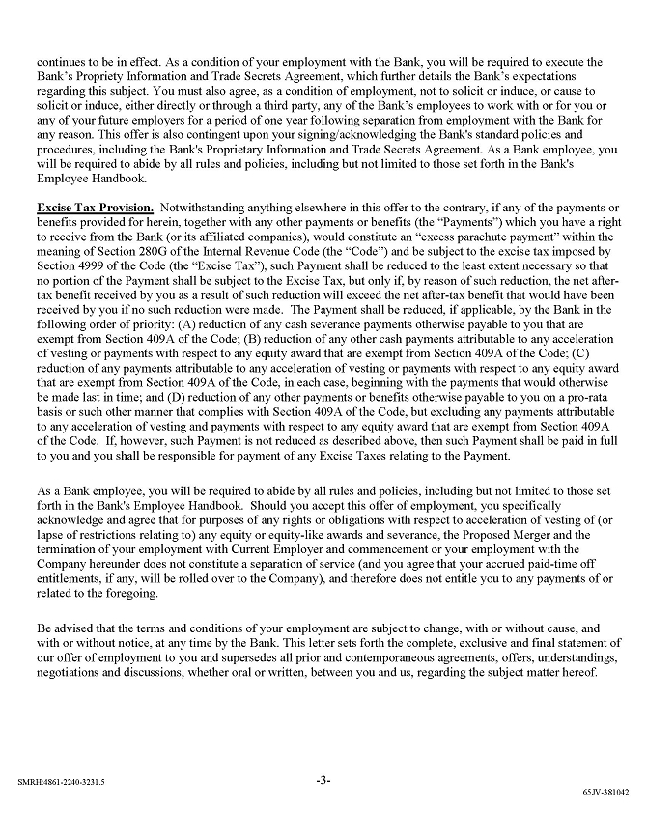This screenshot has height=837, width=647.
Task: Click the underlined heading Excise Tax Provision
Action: coord(95,208)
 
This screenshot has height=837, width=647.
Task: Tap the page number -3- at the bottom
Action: coord(323,780)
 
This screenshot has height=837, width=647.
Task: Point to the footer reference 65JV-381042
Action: coord(605,790)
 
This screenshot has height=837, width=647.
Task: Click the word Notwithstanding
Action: coord(205,208)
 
